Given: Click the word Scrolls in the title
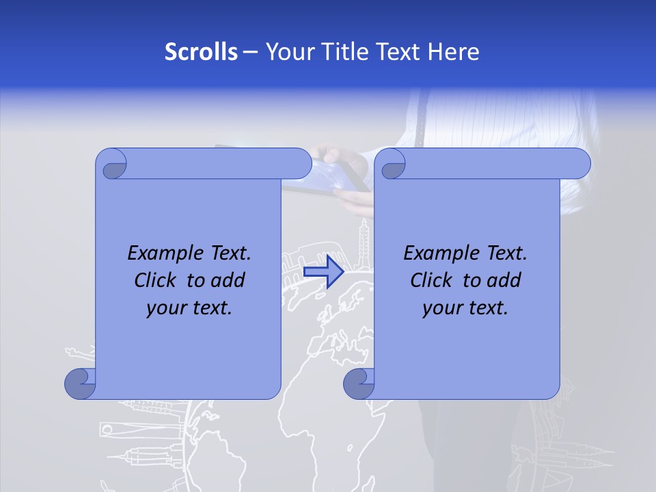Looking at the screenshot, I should [201, 52].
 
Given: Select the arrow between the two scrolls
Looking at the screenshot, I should [323, 272].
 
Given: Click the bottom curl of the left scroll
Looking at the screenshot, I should [79, 383].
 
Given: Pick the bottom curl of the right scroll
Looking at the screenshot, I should [358, 383].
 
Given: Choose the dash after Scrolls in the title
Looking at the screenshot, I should [250, 52].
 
